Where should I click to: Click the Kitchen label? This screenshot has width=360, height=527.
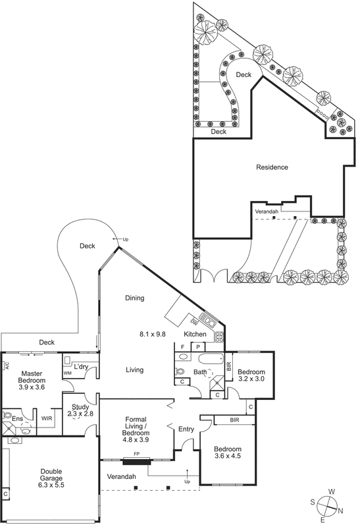(195, 335)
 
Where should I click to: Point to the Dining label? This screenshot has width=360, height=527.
(134, 298)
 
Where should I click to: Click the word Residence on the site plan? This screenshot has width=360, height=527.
(272, 167)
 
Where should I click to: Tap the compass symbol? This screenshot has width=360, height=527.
(327, 505)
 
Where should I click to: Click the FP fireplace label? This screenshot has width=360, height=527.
(136, 453)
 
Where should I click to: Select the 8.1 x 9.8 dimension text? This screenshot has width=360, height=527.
(153, 335)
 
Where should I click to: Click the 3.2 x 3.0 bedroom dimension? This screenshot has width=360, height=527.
(251, 379)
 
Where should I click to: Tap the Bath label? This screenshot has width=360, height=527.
(200, 372)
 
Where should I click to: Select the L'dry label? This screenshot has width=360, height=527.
(81, 366)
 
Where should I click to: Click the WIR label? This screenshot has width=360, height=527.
(47, 418)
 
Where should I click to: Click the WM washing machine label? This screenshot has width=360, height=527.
(68, 374)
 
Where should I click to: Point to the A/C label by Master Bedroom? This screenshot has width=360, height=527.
(6, 365)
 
